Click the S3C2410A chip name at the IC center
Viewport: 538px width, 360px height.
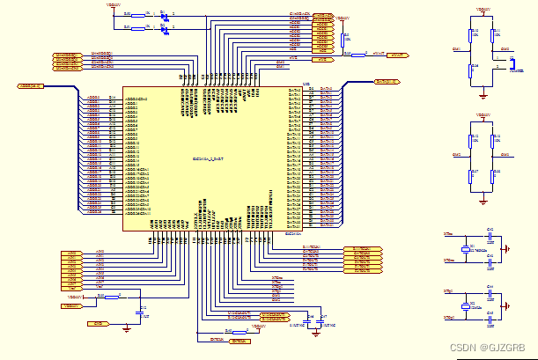coord(210,158)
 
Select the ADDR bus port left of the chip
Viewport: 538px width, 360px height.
coord(31,86)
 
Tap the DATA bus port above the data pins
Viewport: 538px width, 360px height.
coord(387,82)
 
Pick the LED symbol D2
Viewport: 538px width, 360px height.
coord(165,29)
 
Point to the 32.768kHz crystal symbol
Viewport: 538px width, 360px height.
coord(467,250)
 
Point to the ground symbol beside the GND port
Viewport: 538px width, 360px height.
coord(128,327)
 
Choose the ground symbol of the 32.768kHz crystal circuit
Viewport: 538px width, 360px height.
coord(504,249)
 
